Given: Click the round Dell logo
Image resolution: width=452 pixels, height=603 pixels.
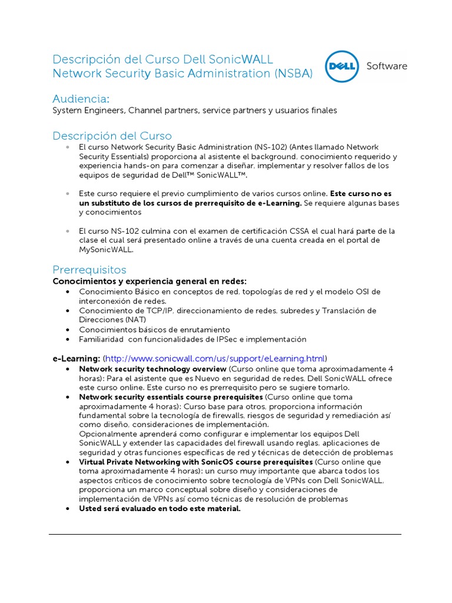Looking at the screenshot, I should [341, 67].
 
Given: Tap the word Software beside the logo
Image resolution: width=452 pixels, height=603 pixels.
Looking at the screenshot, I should [387, 66].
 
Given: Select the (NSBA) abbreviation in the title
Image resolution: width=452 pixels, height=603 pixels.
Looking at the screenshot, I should [293, 74].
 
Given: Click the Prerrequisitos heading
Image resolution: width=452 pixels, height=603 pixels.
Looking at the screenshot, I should [89, 270].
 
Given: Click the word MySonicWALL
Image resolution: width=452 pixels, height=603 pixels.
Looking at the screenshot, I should [106, 249].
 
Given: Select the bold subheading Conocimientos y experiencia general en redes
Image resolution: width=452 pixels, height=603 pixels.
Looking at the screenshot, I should [149, 281].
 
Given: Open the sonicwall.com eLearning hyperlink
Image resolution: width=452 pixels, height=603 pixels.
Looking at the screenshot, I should [215, 358].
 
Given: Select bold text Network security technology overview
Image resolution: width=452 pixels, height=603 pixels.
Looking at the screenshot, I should [152, 369].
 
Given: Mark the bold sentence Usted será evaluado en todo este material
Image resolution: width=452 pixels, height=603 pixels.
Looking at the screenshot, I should [160, 509].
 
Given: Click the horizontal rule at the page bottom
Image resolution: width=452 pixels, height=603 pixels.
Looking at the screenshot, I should [225, 534].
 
